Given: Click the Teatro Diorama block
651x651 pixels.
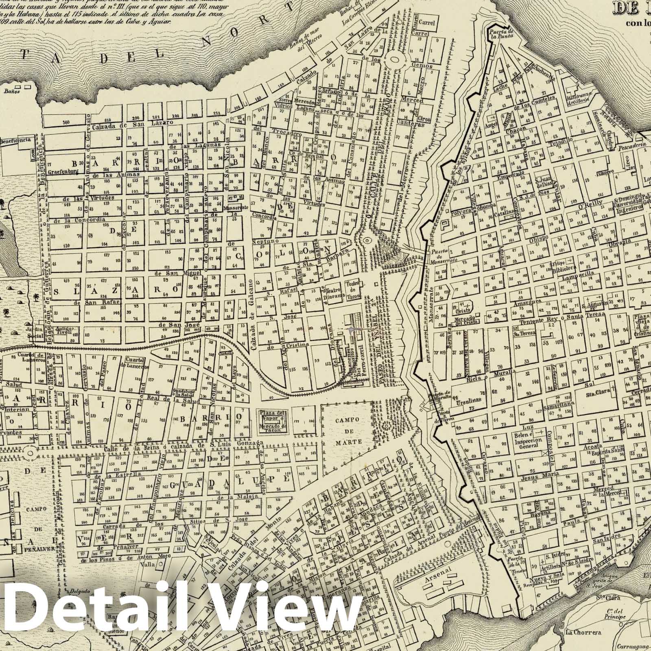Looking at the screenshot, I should coord(330,293).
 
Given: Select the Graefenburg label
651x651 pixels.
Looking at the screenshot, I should coord(63,172).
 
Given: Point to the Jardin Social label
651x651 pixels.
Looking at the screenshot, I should coord(35,332).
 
